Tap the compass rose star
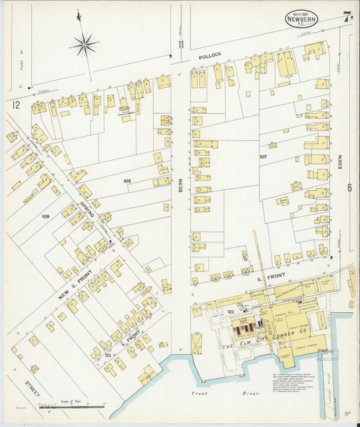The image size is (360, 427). coord(84,45)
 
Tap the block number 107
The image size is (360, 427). coord(264,156)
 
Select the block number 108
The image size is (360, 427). coord(126,181)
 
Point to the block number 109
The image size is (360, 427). coord(45,216)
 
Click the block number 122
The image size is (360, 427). coord(107,353)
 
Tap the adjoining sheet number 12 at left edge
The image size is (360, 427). coord(15,105)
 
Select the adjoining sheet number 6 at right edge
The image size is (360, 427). coord(350,188)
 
